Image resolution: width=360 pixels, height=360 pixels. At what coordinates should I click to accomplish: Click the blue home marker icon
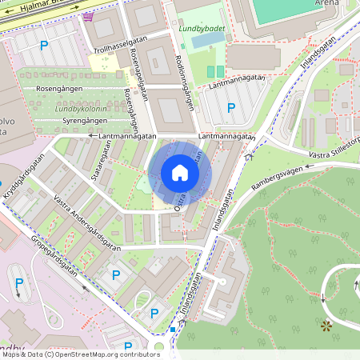[x=180, y=173]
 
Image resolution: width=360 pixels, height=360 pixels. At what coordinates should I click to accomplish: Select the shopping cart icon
[x=86, y=16]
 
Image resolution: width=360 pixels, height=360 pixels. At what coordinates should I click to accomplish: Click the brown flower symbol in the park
[x=326, y=326]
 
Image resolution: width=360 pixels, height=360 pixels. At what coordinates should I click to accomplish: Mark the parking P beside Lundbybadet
[x=231, y=108]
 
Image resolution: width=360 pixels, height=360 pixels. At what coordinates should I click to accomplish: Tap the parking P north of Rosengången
[x=44, y=46]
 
